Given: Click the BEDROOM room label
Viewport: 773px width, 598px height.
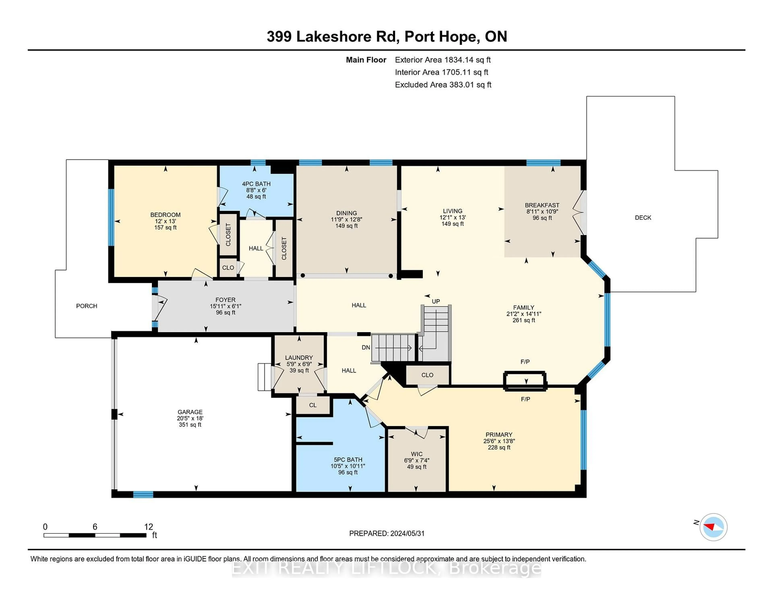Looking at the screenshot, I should [165, 215].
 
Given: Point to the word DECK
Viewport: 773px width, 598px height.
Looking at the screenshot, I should [643, 218].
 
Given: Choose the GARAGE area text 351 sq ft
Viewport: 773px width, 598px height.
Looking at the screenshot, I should [190, 425].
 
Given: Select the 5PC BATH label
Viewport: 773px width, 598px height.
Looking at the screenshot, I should [348, 460].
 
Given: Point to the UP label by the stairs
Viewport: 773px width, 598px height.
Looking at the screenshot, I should [436, 301].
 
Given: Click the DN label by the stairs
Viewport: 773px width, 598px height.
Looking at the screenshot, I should [366, 348].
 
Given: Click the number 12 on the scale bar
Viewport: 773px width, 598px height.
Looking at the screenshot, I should [148, 527].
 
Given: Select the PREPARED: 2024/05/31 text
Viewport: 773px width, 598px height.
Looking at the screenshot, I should [386, 534].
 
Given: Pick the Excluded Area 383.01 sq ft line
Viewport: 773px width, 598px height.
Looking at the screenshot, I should [443, 85].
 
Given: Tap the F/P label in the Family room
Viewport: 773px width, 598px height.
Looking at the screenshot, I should [525, 362].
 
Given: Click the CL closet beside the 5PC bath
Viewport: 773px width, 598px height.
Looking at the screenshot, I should [313, 405].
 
